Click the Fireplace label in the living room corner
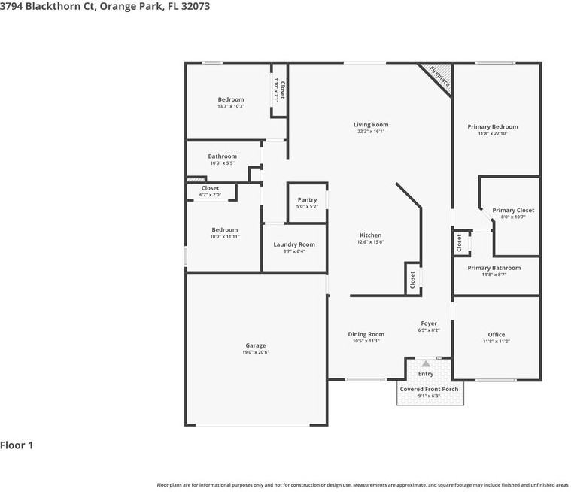coord(439,77)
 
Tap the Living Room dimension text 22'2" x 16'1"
coord(371,132)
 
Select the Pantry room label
coord(307,199)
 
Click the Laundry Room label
coord(293,244)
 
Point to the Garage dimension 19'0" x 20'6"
coord(256,352)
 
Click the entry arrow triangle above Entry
coord(425,363)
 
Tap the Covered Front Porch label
coord(429,389)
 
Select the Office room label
coord(496,334)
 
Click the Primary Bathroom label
coord(494,268)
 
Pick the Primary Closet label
coord(513,210)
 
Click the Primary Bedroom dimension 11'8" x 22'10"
coord(493,134)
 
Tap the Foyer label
coord(429,323)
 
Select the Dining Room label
coord(366,334)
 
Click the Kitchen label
coord(370,235)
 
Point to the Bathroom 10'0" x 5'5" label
coord(222,156)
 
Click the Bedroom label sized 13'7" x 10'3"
coord(231,99)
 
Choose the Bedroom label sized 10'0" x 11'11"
coord(224,229)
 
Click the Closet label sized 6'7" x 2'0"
coord(210,188)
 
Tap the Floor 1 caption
coord(17,445)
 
